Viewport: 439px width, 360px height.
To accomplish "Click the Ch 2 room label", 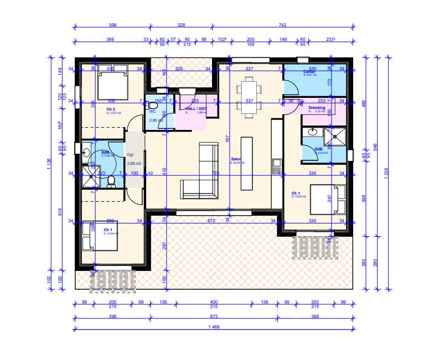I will [111, 109].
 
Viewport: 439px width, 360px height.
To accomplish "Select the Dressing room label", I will [317, 108].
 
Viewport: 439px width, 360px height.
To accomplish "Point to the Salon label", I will [236, 159].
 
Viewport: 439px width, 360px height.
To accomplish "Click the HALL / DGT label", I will [197, 109].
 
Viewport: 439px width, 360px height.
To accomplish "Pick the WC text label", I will [153, 111].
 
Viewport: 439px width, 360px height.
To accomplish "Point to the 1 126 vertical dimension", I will [50, 171].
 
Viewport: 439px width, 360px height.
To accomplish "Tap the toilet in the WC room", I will [153, 105].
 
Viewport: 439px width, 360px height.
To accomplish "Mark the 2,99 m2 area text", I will [134, 164].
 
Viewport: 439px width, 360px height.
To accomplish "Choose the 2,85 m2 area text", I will [156, 119].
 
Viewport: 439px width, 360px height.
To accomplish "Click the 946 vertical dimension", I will [375, 147].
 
